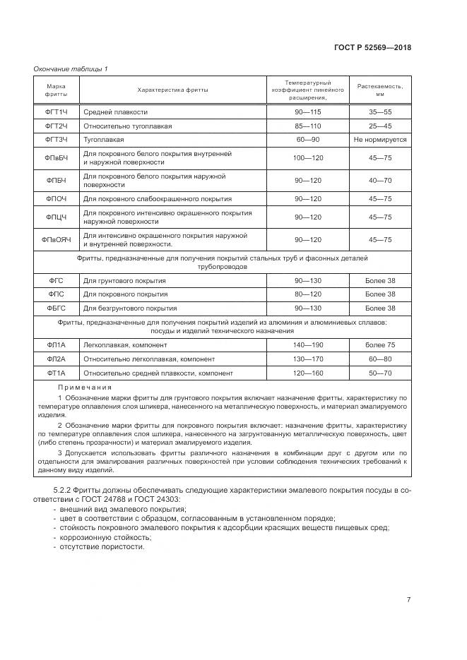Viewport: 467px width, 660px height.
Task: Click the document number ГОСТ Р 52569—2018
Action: [x=372, y=47]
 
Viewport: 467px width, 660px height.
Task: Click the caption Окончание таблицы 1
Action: [x=71, y=68]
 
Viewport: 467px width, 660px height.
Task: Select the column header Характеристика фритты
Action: [x=171, y=90]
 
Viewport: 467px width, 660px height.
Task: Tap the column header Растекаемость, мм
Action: [x=379, y=90]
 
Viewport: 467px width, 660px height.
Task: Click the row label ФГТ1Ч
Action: [x=57, y=112]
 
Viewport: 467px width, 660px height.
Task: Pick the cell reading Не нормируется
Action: [x=379, y=140]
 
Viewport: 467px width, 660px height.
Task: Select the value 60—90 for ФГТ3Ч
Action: [x=307, y=140]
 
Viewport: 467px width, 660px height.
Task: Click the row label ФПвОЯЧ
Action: [x=57, y=240]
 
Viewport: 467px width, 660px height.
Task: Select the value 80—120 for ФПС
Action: [x=307, y=294]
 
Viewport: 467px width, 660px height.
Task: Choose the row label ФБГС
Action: [x=57, y=308]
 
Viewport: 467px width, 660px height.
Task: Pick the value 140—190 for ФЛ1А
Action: [x=307, y=344]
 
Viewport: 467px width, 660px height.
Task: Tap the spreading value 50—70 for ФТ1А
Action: [x=379, y=373]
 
